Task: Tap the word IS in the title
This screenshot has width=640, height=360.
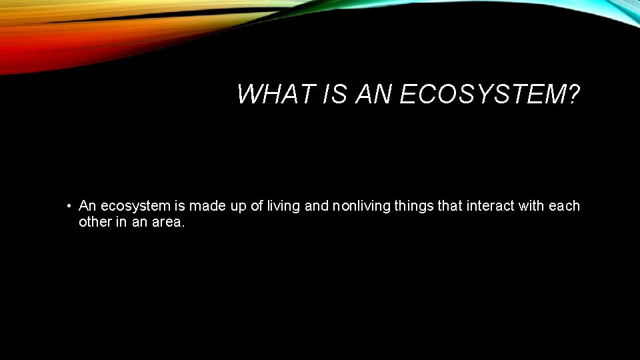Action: pyautogui.click(x=335, y=95)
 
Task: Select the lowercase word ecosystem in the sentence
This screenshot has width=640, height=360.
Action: pyautogui.click(x=127, y=207)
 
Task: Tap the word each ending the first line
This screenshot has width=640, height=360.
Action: pyautogui.click(x=565, y=207)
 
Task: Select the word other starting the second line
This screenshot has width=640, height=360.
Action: pyautogui.click(x=95, y=222)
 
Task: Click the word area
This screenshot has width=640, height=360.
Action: pyautogui.click(x=167, y=222)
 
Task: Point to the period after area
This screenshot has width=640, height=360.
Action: pyautogui.click(x=183, y=225)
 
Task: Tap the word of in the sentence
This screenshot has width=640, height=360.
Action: pyautogui.click(x=257, y=207)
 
